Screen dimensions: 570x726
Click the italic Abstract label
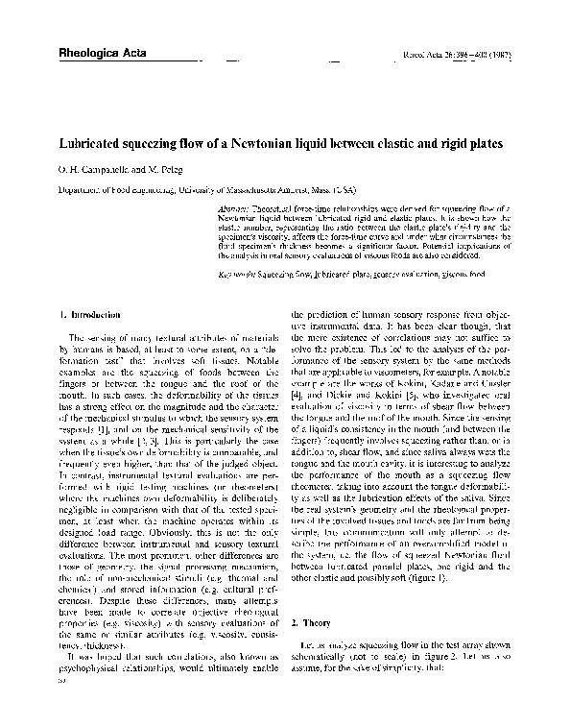(234, 207)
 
